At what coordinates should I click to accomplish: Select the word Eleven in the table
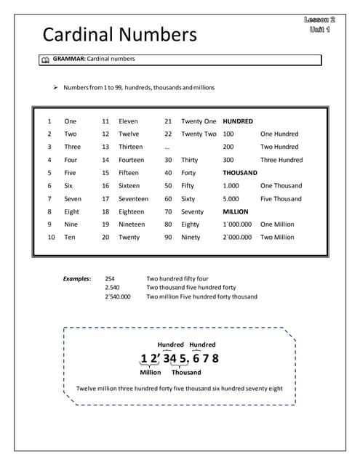[128, 121]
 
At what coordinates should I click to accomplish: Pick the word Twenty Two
[199, 134]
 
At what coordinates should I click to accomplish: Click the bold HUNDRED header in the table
[238, 121]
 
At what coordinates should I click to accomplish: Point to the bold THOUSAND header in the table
[240, 173]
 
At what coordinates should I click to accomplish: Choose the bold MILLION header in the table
[236, 211]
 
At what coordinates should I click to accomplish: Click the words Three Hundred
[281, 160]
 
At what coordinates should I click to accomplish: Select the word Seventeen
[133, 198]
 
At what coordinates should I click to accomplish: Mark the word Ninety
[191, 237]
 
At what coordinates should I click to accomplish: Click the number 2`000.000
[237, 237]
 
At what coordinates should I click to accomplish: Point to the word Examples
[77, 278]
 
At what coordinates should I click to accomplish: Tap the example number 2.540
[112, 287]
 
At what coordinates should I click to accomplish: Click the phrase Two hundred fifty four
[177, 278]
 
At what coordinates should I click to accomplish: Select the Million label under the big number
[151, 372]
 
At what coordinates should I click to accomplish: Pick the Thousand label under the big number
[186, 372]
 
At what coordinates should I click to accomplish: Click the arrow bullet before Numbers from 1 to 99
[55, 87]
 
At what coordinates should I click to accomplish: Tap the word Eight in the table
[72, 211]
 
